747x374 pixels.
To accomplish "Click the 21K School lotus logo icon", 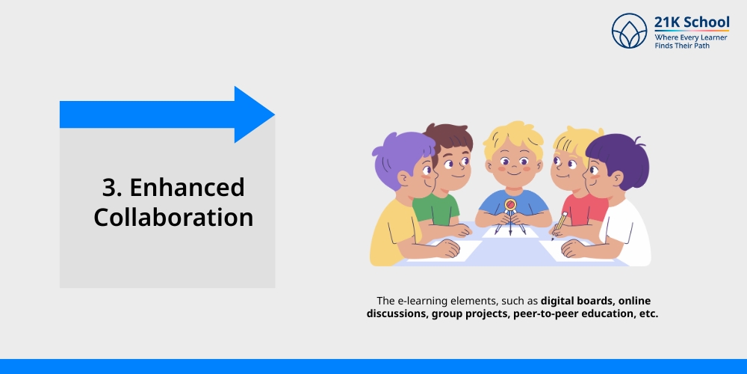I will coord(630,31).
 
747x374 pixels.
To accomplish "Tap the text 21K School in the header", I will coord(692,22).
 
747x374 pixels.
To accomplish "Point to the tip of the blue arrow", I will coord(273,114).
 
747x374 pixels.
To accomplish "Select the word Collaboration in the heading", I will coord(173,217).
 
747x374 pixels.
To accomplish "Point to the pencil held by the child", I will coord(559,221).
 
